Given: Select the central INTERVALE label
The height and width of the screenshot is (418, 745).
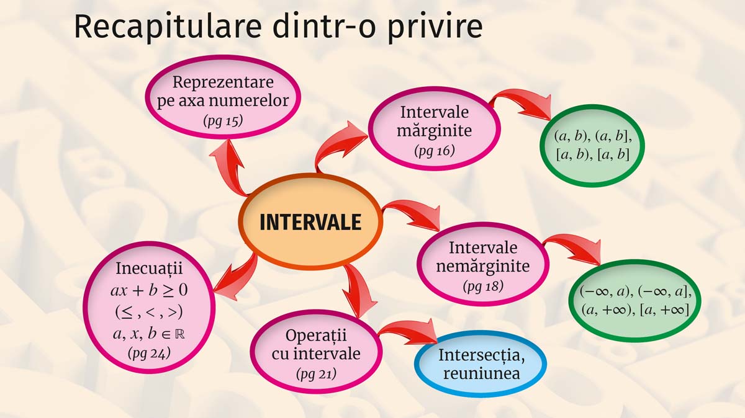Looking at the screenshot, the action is (310, 222).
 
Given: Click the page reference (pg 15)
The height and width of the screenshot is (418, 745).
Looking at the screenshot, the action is (223, 121).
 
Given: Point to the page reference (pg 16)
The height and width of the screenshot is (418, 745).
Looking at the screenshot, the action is (435, 151).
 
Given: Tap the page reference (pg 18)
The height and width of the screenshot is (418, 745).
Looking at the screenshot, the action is (483, 286).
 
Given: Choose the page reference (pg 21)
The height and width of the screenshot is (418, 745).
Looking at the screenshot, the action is (316, 374).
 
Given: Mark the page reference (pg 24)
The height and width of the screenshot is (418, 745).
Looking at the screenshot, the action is (149, 353).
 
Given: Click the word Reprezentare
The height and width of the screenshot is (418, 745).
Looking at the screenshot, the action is (223, 82).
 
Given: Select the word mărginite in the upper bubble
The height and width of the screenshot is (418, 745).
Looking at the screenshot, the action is (435, 130).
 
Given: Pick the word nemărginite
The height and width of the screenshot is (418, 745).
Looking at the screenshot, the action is (483, 266).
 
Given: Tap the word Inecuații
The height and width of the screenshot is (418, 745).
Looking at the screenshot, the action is (149, 269).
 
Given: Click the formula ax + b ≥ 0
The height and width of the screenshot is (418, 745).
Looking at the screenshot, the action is (149, 290).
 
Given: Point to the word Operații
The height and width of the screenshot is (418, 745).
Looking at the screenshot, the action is (316, 336).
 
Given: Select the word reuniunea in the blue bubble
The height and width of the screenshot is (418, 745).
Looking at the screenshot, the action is (482, 373).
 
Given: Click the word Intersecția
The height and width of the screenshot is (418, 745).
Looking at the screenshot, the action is (482, 355).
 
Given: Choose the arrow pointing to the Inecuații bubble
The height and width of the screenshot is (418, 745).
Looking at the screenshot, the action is (237, 278).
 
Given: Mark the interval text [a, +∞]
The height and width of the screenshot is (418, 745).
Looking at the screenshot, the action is (664, 309).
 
